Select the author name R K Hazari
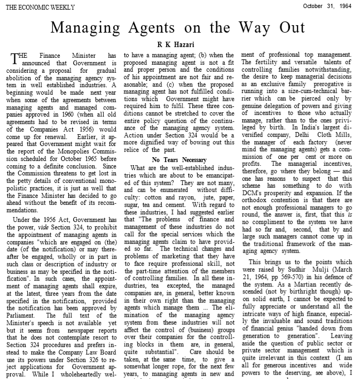pos(180,44)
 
